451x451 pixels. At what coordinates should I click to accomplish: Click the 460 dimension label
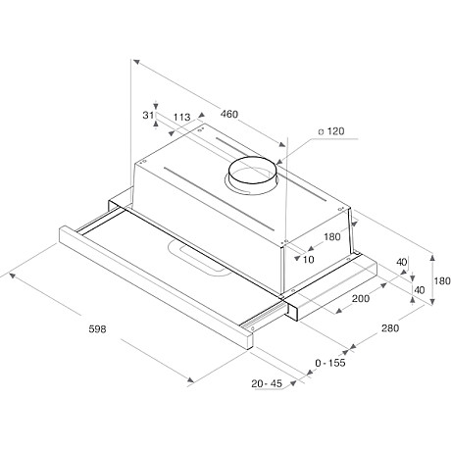pos(228,115)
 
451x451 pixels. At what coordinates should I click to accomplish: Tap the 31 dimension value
pos(148,115)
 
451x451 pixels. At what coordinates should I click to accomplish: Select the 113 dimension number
pos(180,118)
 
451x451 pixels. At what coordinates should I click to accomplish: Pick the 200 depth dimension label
pos(360,297)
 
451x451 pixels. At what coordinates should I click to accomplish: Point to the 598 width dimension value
pos(96,328)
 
